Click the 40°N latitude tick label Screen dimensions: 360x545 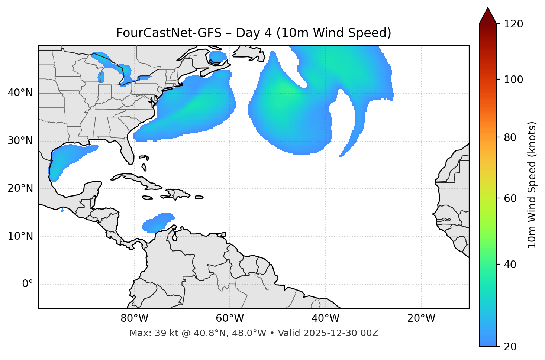tap(20, 93)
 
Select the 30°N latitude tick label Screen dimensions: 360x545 tap(20, 141)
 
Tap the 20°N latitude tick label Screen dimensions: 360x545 tap(20, 188)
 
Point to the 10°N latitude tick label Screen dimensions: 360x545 tap(20, 236)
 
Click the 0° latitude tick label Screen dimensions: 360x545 tap(28, 284)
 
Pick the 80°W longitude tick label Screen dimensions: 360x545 tap(134, 318)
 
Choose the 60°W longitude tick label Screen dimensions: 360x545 tap(230, 318)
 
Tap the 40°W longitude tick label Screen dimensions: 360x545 tap(325, 318)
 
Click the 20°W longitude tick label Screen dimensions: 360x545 tap(421, 318)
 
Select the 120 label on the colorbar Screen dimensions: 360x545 tap(513, 24)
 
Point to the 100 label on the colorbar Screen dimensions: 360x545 tap(513, 80)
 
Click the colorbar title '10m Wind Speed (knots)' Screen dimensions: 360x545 tap(532, 185)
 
